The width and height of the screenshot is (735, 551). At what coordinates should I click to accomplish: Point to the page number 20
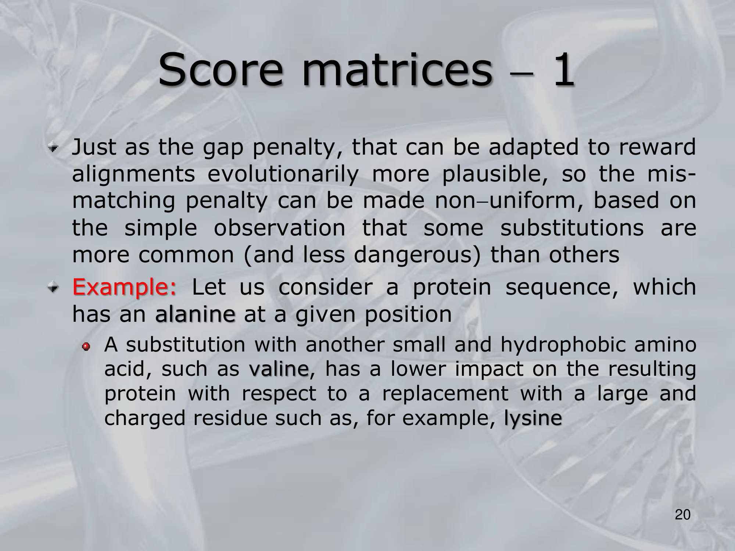683,515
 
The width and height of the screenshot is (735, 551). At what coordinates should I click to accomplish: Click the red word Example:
125,288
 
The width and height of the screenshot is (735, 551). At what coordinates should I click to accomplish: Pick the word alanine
195,314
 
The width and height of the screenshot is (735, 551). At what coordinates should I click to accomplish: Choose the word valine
279,369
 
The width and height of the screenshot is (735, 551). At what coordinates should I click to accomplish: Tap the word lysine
533,418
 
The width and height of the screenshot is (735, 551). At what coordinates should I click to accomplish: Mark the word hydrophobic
563,345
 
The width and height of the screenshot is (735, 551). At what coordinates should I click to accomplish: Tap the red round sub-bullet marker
86,346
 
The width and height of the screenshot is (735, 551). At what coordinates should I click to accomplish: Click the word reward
657,147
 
